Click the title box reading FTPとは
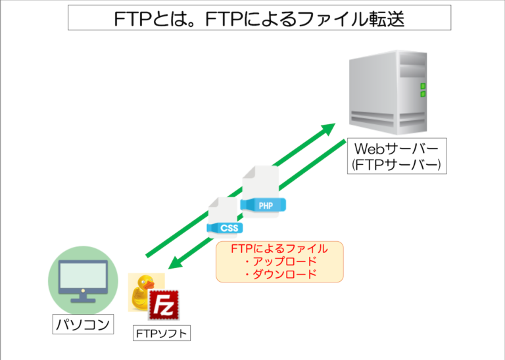click(x=260, y=18)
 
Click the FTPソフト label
click(x=162, y=333)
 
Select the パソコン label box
click(x=82, y=324)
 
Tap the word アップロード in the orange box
click(x=279, y=261)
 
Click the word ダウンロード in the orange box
click(x=279, y=274)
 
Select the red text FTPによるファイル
click(x=279, y=248)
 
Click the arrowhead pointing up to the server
click(x=329, y=129)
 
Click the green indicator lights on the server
click(x=423, y=90)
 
